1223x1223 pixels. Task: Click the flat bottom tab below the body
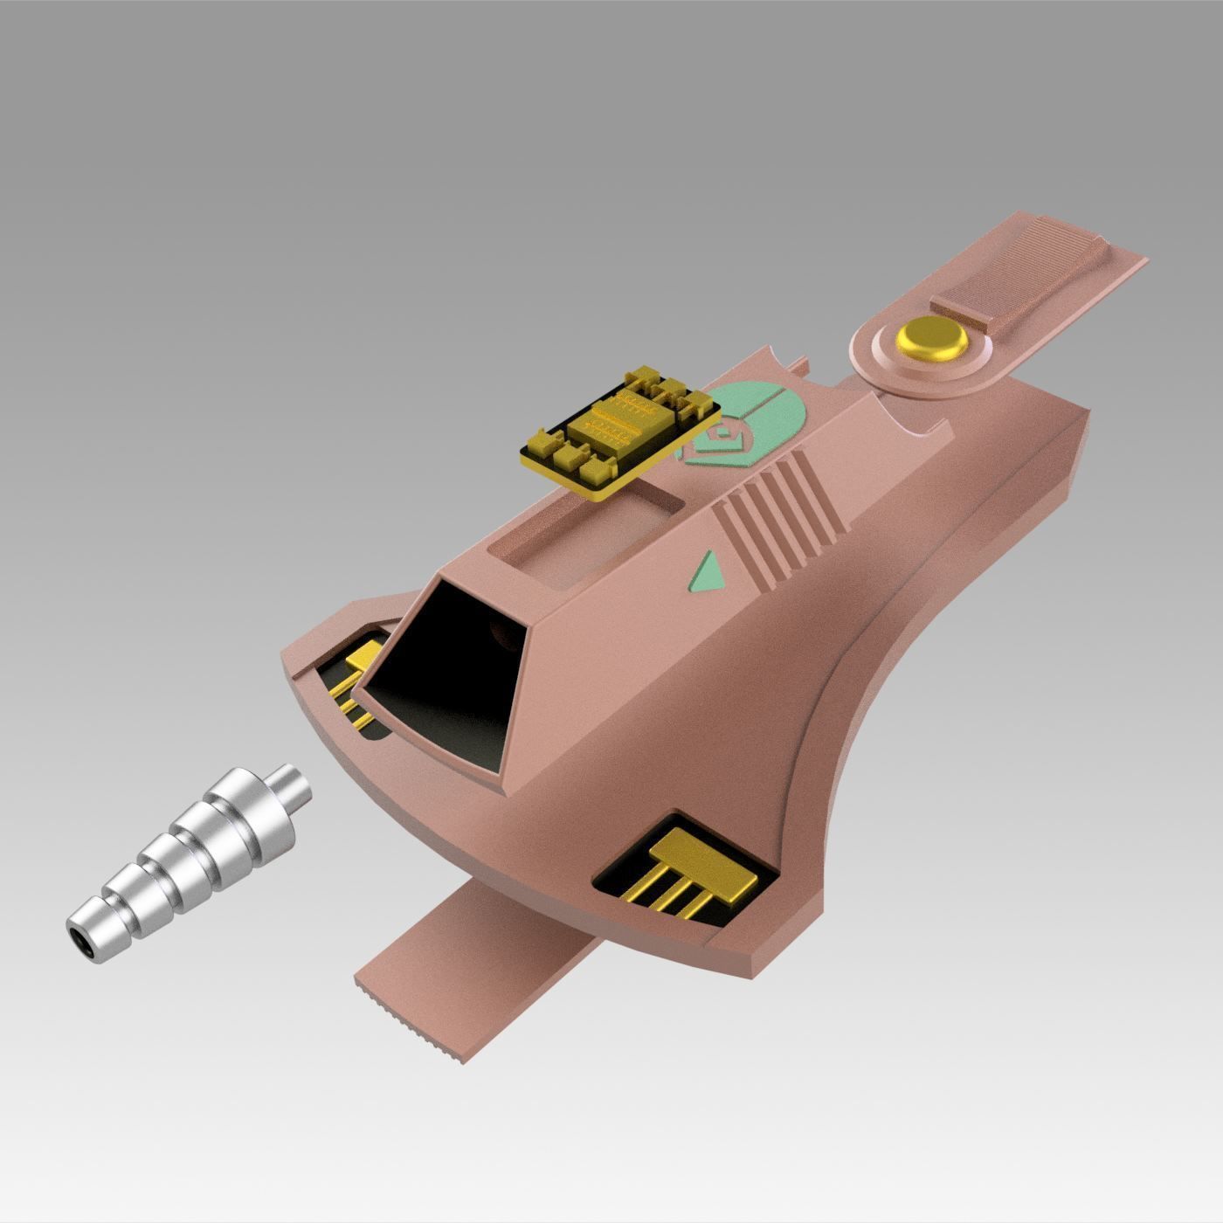489,961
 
